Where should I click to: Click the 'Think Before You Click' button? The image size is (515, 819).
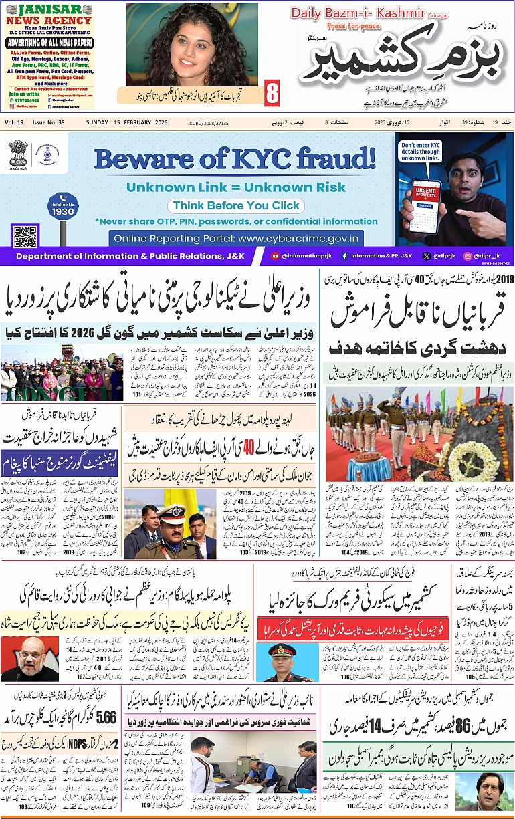coord(234,206)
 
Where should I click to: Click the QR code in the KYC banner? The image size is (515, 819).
coord(25,237)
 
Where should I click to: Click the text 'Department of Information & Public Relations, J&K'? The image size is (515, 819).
coord(130,256)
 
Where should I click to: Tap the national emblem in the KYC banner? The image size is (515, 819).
coord(18,154)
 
